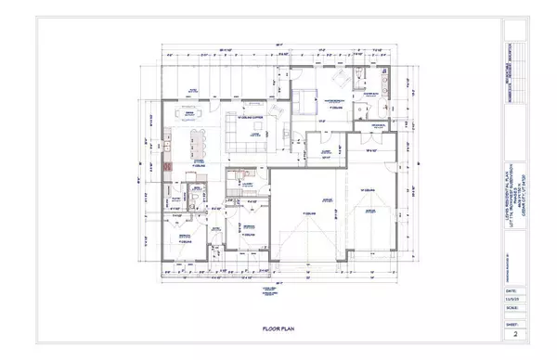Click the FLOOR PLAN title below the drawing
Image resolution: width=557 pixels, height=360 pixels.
pos(278,328)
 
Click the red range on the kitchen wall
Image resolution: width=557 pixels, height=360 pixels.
pos(168,170)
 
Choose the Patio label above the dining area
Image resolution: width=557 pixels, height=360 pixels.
pos(193,90)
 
